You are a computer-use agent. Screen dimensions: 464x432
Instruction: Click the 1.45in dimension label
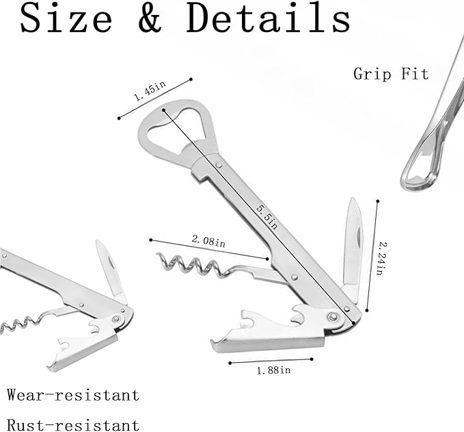(x=150, y=91)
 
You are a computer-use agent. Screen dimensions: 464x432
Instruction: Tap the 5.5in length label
(x=267, y=217)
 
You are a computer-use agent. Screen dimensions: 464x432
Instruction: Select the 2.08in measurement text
(x=208, y=241)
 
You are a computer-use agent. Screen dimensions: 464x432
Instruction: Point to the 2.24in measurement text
(x=383, y=258)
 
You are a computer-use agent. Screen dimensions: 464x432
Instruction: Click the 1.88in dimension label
(x=273, y=370)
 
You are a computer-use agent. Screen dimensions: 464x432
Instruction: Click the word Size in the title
(x=66, y=18)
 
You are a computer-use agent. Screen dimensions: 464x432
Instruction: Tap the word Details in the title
(x=269, y=18)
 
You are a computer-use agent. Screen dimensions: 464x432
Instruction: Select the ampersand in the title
(x=150, y=18)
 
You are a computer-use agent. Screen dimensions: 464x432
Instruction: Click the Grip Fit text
(x=391, y=73)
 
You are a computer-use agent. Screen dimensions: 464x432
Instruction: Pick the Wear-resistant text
(x=73, y=394)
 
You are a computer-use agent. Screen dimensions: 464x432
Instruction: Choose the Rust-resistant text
(x=73, y=425)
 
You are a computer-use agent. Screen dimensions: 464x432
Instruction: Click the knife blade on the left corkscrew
(x=110, y=270)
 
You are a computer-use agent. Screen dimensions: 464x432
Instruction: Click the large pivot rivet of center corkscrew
(x=333, y=317)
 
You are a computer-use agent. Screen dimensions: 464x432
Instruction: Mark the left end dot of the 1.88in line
(x=230, y=363)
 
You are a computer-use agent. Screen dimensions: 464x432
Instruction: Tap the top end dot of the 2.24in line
(x=378, y=201)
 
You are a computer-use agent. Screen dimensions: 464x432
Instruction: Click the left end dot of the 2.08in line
(x=150, y=240)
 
